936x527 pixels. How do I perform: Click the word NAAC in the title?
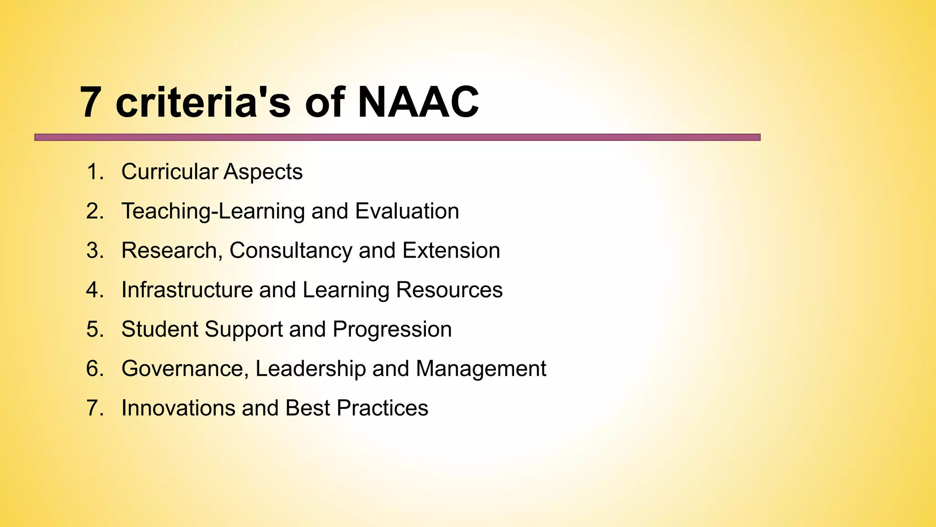(418, 102)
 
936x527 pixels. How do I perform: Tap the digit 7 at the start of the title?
(90, 102)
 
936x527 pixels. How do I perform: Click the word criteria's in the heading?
(203, 102)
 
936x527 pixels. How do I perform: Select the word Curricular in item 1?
(170, 172)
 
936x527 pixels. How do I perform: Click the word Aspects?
(263, 172)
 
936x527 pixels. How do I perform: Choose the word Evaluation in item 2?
(407, 211)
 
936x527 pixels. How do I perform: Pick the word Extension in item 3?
(451, 251)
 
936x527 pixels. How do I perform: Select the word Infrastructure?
(186, 290)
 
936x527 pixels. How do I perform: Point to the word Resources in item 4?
(449, 290)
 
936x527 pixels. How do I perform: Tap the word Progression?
(392, 329)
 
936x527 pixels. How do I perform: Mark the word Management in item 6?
(481, 369)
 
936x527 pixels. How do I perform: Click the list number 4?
(94, 290)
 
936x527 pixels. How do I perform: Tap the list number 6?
(94, 369)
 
